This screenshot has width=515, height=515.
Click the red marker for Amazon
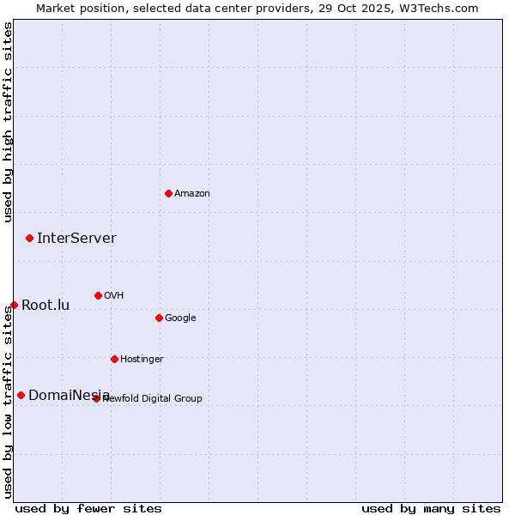coord(168,193)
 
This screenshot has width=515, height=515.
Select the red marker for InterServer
coord(29,238)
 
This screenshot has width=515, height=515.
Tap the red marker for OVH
coord(98,295)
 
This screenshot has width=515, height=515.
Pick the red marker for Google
coord(159,318)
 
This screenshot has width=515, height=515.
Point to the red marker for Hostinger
coord(114,359)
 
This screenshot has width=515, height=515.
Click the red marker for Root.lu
coord(14,305)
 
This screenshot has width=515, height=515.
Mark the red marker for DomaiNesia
coord(21,395)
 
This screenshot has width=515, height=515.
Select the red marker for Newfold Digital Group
coord(96,398)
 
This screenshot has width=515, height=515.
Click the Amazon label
coord(192,194)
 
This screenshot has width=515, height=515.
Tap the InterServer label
coord(76,239)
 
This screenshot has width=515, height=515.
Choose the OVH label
coord(114,296)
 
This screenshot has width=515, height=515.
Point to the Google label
coord(180,318)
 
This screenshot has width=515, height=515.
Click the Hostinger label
coord(142,360)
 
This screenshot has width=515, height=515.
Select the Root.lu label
coord(45,306)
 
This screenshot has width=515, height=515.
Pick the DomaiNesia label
coord(69,396)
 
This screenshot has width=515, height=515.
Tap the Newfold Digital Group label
coord(153,399)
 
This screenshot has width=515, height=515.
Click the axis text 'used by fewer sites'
coord(88,508)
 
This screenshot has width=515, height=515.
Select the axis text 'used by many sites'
coord(431,508)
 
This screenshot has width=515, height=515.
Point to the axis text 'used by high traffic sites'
coord(9,122)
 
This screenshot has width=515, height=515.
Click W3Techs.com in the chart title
coord(436,8)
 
